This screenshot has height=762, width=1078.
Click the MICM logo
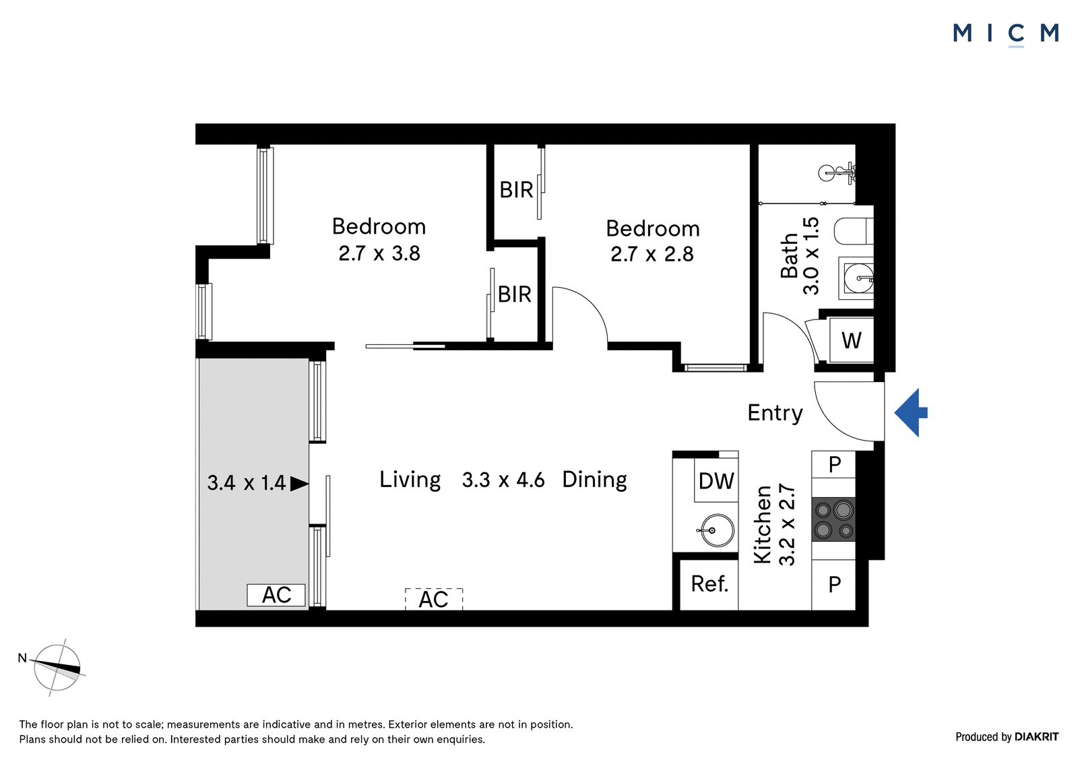[1006, 34]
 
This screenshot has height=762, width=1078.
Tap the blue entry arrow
[910, 412]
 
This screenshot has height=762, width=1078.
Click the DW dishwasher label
[716, 480]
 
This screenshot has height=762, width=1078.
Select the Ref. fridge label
[709, 584]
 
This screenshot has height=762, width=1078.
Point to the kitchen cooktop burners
[833, 519]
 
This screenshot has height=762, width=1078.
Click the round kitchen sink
[717, 530]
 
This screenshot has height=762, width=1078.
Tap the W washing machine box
[852, 340]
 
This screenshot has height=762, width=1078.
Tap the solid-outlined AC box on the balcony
[276, 595]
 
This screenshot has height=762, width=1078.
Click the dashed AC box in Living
[434, 600]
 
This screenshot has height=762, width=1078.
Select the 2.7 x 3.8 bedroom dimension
[379, 253]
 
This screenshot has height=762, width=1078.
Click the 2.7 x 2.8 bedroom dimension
[652, 254]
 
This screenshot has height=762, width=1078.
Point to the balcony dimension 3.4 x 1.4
[247, 483]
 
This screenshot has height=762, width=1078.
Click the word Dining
[594, 480]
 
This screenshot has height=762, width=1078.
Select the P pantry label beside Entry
[835, 464]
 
